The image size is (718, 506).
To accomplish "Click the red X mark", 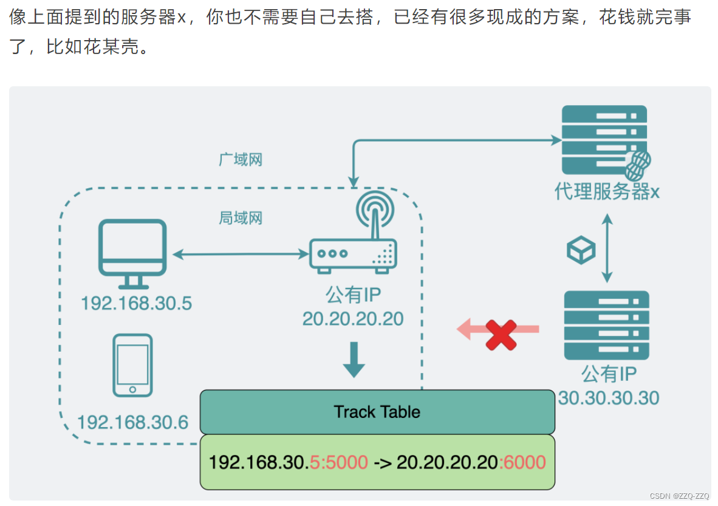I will pos(501,334).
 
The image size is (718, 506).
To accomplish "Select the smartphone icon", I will pos(133,365).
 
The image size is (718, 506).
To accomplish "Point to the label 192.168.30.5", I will pos(136,303).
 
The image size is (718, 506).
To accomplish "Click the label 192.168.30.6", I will pos(133,422).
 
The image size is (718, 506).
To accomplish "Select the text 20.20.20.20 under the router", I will pos(353,318).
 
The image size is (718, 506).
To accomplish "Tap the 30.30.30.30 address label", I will pos(608,398).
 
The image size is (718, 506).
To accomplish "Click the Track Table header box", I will pos(377,412).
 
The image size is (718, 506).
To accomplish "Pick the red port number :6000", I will pos(522,462).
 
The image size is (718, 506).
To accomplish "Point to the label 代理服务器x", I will pos(607,192).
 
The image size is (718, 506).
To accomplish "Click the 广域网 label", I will pos(241,160).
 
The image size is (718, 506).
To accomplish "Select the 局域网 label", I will pos(241,217).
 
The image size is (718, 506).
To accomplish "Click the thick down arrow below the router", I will pos(354,360).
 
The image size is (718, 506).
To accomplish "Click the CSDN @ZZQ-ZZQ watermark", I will pos(679,496).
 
